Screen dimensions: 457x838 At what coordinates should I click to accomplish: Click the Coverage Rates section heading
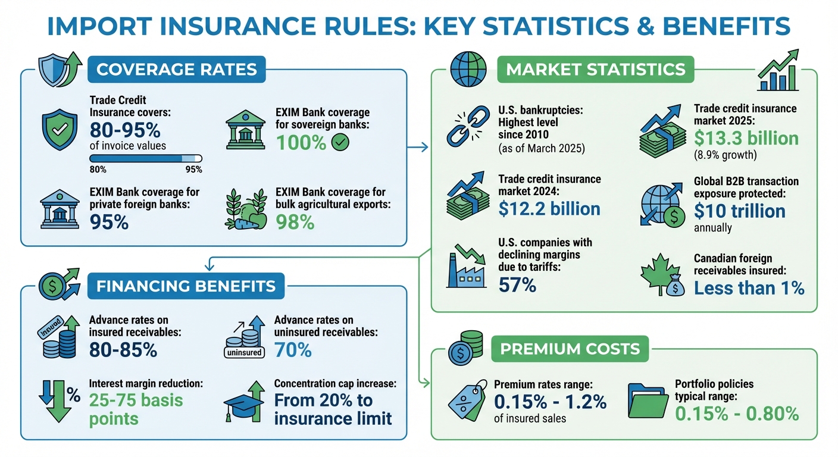[x=176, y=70]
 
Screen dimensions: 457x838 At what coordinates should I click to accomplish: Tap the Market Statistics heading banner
[x=595, y=70]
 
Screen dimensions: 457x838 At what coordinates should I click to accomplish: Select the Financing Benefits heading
[x=186, y=286]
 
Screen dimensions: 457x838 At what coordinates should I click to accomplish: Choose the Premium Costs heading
[x=570, y=349]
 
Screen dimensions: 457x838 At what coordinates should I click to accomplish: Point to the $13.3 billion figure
[x=746, y=139]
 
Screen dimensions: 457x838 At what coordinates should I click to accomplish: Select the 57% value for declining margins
[x=517, y=285]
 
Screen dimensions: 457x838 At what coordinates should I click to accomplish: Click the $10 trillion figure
[x=739, y=211]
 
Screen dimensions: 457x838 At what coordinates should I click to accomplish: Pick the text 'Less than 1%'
[x=749, y=288]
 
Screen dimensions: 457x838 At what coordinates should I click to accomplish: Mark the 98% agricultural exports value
[x=295, y=223]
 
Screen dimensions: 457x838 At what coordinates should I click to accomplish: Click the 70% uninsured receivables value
[x=293, y=350]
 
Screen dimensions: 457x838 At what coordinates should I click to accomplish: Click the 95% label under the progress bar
[x=193, y=170]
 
